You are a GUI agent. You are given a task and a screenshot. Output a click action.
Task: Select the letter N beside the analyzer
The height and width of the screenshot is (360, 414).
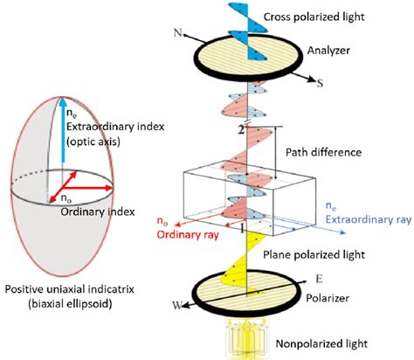point(177,35)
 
